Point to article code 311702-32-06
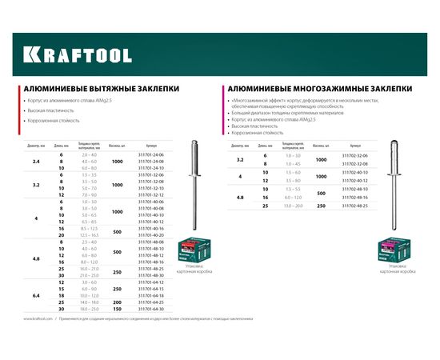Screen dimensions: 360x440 pos(355,155)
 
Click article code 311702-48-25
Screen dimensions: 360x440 pos(355,206)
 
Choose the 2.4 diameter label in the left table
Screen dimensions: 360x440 pos(35,162)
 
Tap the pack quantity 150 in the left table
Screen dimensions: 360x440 pos(118,308)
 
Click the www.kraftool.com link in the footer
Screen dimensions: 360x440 pos(38,340)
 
